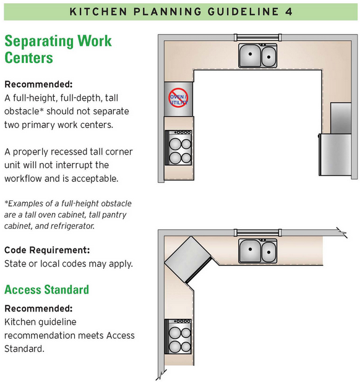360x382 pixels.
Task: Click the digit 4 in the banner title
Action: tap(289, 12)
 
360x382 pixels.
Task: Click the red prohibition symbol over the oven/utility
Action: tap(178, 98)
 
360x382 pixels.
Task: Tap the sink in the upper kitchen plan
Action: tap(258, 56)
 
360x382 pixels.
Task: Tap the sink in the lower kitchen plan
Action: tap(258, 251)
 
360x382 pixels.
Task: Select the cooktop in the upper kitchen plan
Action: tap(178, 148)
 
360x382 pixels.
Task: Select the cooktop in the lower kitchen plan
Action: tap(178, 336)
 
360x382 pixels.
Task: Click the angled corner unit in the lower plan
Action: tap(188, 260)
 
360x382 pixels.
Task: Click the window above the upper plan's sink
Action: tap(258, 38)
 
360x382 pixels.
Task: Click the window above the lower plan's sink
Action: tap(258, 232)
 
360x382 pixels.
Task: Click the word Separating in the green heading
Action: tap(39, 41)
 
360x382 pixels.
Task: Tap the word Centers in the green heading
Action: tap(28, 58)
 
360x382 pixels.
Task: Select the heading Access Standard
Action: tap(46, 290)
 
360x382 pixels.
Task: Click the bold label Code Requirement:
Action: tap(47, 250)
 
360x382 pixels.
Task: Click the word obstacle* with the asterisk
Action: tap(24, 111)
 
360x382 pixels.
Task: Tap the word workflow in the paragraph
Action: tap(23, 179)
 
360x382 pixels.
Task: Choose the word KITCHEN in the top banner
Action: tap(98, 12)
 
